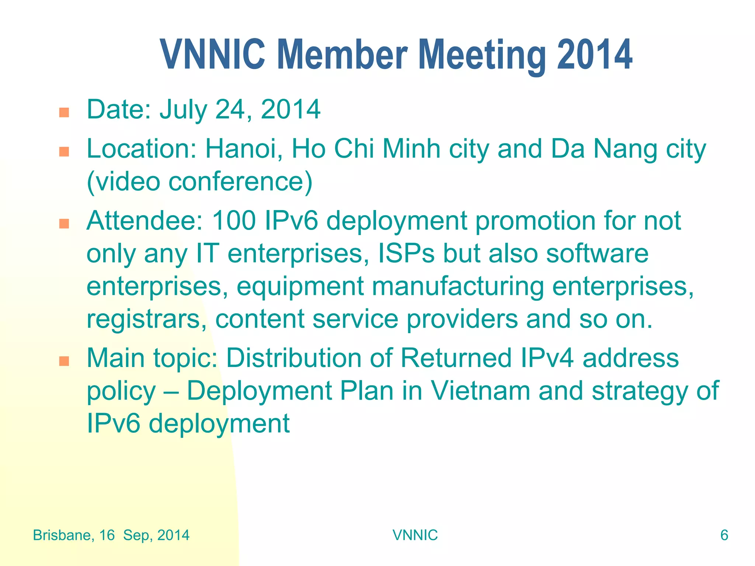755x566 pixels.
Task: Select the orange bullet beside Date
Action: [64, 112]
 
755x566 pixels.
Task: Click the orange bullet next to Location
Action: [64, 152]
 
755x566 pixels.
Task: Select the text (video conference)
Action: [199, 182]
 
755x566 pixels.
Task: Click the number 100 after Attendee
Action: [234, 221]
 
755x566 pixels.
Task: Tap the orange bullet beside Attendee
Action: [64, 224]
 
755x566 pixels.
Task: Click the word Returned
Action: [456, 358]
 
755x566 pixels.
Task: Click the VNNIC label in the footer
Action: [415, 535]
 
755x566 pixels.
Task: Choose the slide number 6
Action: [724, 535]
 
